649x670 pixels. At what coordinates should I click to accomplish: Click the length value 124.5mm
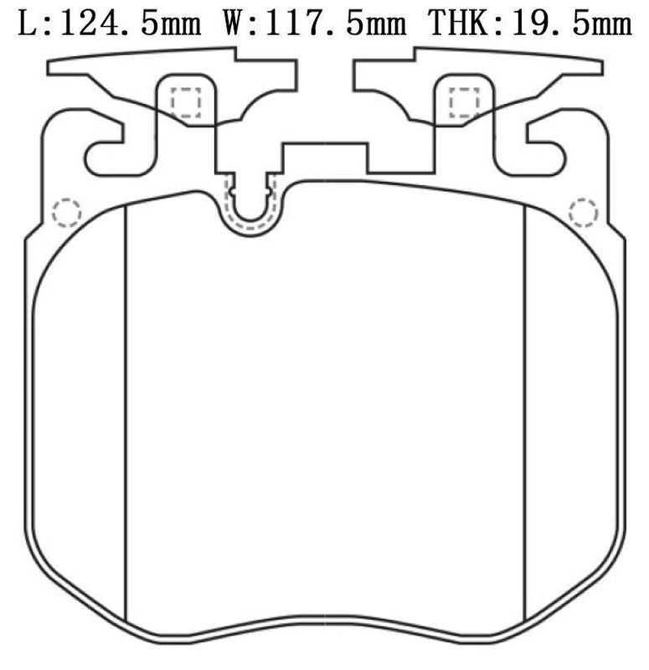pyautogui.click(x=131, y=23)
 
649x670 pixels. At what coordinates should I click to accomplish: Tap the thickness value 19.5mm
pyautogui.click(x=572, y=23)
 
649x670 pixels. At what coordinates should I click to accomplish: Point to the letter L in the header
pyautogui.click(x=28, y=23)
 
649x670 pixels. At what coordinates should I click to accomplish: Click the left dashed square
pyautogui.click(x=186, y=102)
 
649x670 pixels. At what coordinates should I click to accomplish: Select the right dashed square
pyautogui.click(x=465, y=102)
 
